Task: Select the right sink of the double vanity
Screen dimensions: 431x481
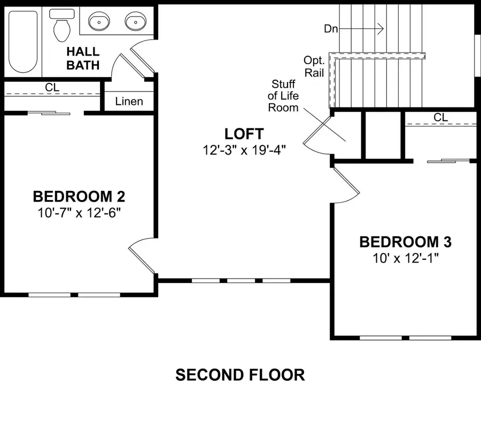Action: click(x=134, y=22)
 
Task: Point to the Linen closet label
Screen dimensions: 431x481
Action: click(x=129, y=101)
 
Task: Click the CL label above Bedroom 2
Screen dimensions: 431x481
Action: click(x=52, y=87)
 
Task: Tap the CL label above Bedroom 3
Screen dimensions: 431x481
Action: click(x=440, y=117)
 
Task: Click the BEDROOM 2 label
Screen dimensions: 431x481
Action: click(x=79, y=196)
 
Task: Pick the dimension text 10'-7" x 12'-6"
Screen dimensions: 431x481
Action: click(x=79, y=212)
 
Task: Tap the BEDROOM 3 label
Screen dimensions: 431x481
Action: click(x=405, y=242)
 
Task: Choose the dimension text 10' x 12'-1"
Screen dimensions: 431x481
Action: click(x=405, y=258)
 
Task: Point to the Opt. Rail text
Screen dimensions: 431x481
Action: click(x=314, y=67)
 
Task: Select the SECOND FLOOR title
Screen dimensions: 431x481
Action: click(x=240, y=375)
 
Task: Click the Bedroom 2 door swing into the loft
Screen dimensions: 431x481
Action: click(x=142, y=256)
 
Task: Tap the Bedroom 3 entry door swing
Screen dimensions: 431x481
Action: click(x=345, y=184)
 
